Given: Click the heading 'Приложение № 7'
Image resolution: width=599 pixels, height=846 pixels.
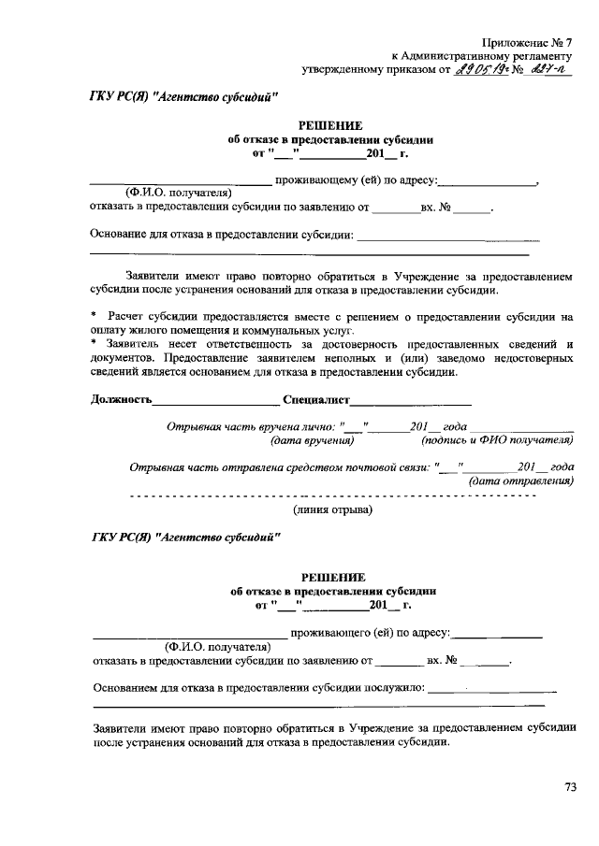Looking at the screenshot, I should [527, 42].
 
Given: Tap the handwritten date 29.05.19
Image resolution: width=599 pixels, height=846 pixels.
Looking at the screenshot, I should [479, 68].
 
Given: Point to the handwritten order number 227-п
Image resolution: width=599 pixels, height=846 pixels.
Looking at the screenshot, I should [548, 68].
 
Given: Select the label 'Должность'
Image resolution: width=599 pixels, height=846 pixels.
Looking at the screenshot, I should [121, 400].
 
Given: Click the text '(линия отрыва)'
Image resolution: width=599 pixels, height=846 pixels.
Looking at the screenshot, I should [332, 509].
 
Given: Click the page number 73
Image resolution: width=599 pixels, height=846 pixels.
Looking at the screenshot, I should [570, 786].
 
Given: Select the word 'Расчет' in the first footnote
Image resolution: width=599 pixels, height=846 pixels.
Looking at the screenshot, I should [128, 317].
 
